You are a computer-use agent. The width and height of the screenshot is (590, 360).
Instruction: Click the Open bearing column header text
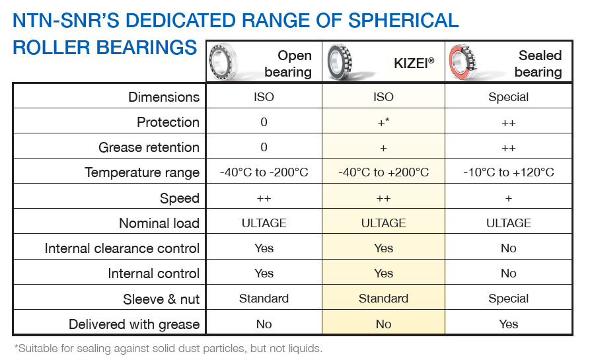tap(288, 63)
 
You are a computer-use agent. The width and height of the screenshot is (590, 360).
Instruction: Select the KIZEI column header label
tap(414, 63)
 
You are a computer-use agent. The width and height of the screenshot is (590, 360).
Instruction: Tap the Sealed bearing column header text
tap(538, 63)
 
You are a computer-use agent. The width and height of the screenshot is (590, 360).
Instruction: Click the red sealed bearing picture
tap(463, 61)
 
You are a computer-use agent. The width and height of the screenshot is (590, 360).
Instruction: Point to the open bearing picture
tap(223, 61)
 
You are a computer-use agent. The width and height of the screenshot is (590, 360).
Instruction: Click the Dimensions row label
tap(164, 97)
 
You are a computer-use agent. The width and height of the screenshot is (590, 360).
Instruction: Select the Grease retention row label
tap(149, 147)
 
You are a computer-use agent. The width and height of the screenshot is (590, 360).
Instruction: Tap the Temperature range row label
tap(142, 172)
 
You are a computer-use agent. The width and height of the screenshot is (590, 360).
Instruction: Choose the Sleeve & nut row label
tap(161, 299)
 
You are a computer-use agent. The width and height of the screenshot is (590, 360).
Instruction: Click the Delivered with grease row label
tap(134, 324)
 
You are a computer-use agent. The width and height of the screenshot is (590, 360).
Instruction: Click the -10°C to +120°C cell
tap(508, 172)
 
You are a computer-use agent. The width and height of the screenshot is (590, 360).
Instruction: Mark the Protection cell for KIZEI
tap(383, 122)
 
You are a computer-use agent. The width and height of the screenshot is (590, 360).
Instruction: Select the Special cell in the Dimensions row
tap(508, 97)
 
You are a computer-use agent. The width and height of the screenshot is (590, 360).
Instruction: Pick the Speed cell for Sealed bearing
tap(508, 198)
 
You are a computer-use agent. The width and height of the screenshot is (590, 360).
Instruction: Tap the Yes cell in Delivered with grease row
tap(508, 324)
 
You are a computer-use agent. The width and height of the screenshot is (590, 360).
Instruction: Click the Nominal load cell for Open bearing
tap(264, 223)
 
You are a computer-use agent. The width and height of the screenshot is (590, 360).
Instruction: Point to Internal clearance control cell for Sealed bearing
tap(508, 248)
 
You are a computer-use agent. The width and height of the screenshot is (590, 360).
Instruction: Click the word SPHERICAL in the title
tap(404, 20)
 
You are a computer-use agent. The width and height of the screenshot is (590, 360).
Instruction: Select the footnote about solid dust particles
tap(168, 349)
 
